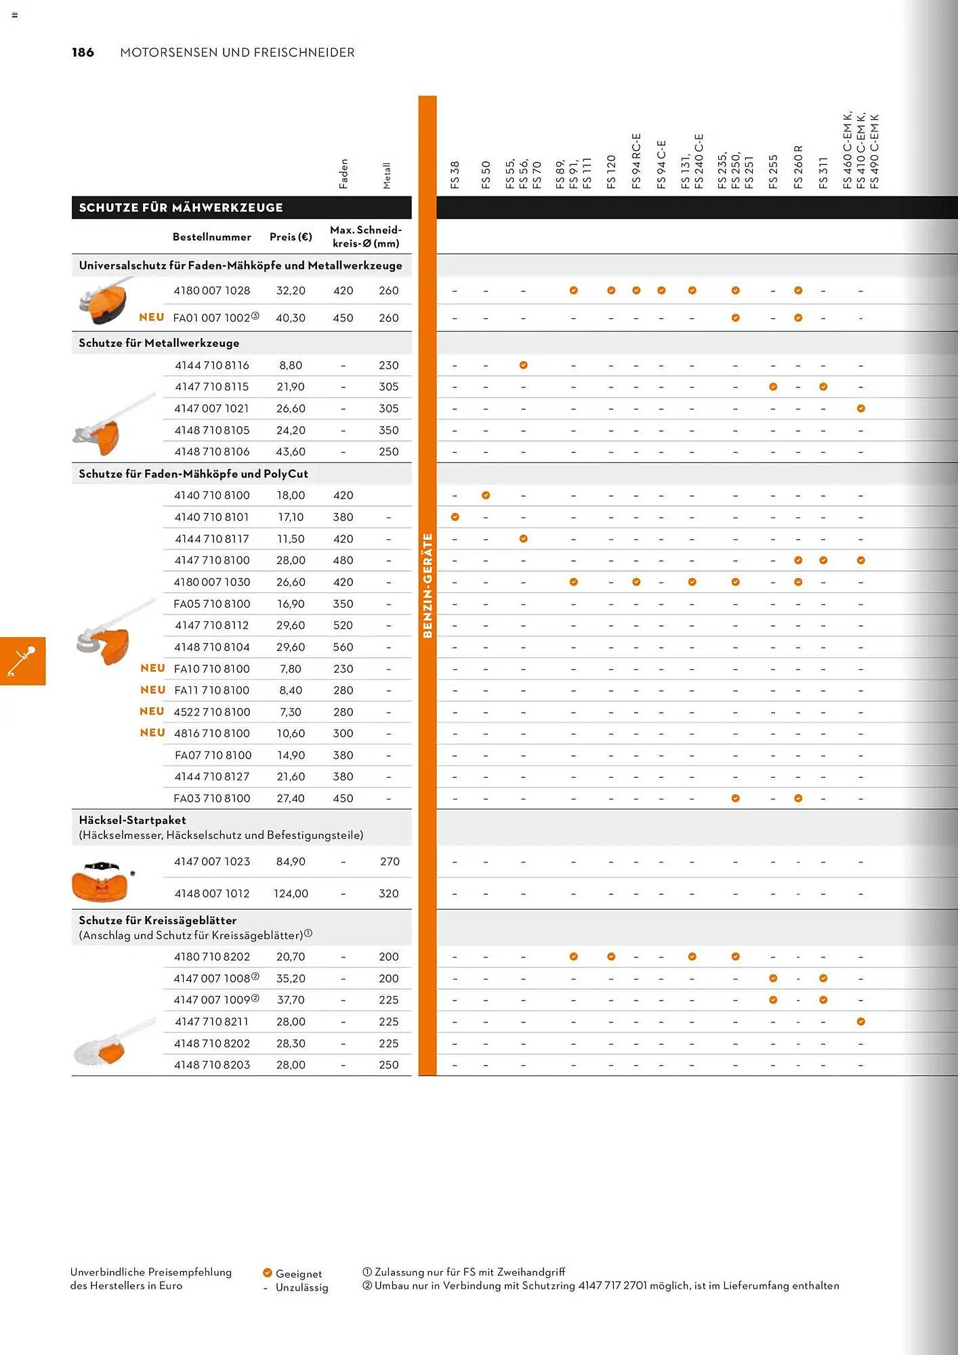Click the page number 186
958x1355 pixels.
pyautogui.click(x=83, y=53)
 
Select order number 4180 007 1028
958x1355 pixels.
pyautogui.click(x=211, y=291)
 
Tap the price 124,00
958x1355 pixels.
pyautogui.click(x=291, y=894)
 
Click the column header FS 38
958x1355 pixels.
pyautogui.click(x=455, y=175)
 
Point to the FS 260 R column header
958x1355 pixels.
pyautogui.click(x=798, y=167)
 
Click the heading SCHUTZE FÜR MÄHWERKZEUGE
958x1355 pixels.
pyautogui.click(x=181, y=208)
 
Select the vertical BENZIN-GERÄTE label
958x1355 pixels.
pyautogui.click(x=428, y=585)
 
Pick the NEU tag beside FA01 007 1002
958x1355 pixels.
pyautogui.click(x=152, y=317)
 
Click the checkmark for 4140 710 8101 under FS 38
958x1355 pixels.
pyautogui.click(x=455, y=517)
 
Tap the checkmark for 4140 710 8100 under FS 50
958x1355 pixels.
pyautogui.click(x=486, y=495)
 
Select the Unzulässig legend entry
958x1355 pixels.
pyautogui.click(x=301, y=1287)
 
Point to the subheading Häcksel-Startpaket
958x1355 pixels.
pyautogui.click(x=132, y=820)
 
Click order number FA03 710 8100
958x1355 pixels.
pyautogui.click(x=211, y=798)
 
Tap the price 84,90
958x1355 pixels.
pyautogui.click(x=291, y=862)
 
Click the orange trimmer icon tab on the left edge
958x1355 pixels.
pyautogui.click(x=22, y=661)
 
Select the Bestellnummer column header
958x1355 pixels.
pyautogui.click(x=211, y=237)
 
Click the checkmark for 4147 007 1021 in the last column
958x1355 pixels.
pyautogui.click(x=860, y=409)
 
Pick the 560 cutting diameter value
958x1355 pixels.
pyautogui.click(x=343, y=647)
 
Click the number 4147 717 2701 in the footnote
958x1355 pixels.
pyautogui.click(x=612, y=1285)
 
